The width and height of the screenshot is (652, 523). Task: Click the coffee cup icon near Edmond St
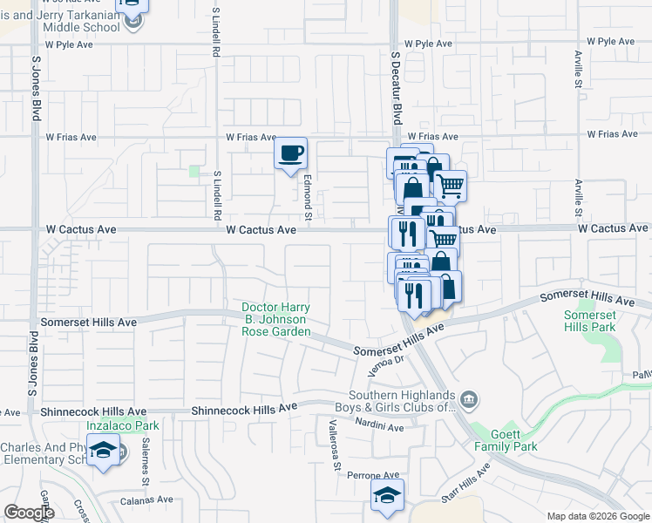(291, 153)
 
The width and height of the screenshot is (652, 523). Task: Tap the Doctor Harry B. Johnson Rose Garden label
(275, 320)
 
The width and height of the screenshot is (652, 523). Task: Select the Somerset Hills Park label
(589, 321)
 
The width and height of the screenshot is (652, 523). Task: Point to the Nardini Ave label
(379, 427)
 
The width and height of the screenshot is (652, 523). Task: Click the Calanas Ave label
(147, 500)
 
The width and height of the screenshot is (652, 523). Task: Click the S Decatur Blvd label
(396, 86)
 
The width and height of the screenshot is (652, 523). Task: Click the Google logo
(29, 513)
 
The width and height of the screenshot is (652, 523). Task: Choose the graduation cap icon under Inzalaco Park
(104, 451)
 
